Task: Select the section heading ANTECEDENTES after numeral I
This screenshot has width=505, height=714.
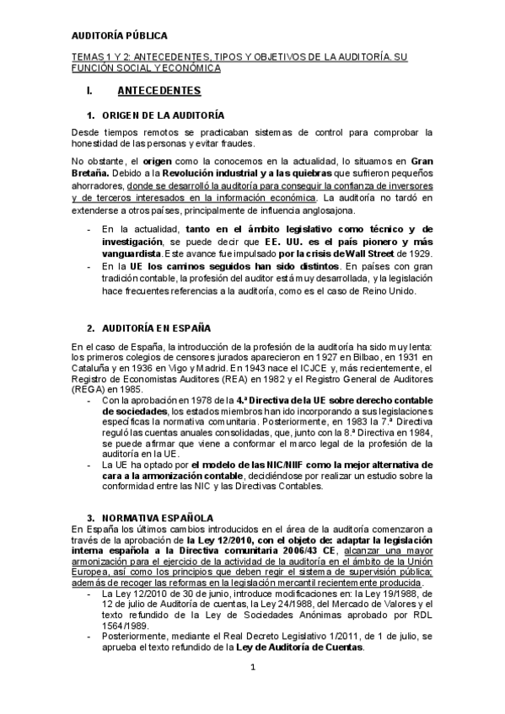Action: (159, 90)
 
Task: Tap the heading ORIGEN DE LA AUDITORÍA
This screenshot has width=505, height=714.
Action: (163, 115)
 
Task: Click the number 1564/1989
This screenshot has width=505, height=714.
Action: (124, 626)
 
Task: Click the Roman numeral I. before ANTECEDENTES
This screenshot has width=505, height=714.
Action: (78, 90)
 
